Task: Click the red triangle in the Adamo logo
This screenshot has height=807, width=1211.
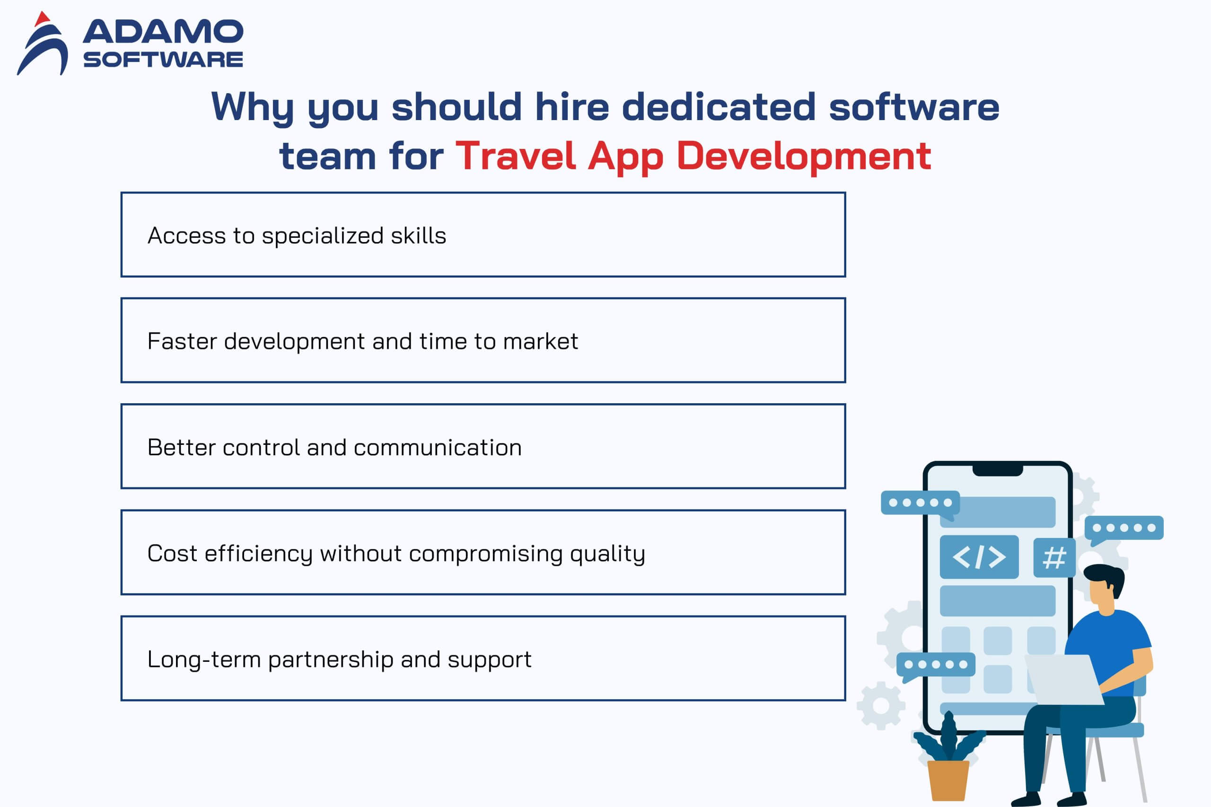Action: click(42, 19)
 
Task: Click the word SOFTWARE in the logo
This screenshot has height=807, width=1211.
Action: click(163, 60)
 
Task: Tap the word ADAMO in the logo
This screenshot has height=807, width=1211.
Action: click(163, 31)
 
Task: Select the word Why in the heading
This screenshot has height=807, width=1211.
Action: click(253, 107)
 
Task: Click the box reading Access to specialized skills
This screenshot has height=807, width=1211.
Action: click(483, 234)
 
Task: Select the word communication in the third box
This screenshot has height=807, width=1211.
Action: click(438, 447)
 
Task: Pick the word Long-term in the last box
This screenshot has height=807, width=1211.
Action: click(204, 660)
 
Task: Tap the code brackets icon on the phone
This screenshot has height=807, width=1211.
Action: click(979, 557)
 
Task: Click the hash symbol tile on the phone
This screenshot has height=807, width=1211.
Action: click(1054, 558)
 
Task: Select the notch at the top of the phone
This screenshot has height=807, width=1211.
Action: click(998, 470)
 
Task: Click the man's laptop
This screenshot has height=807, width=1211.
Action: click(1064, 679)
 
